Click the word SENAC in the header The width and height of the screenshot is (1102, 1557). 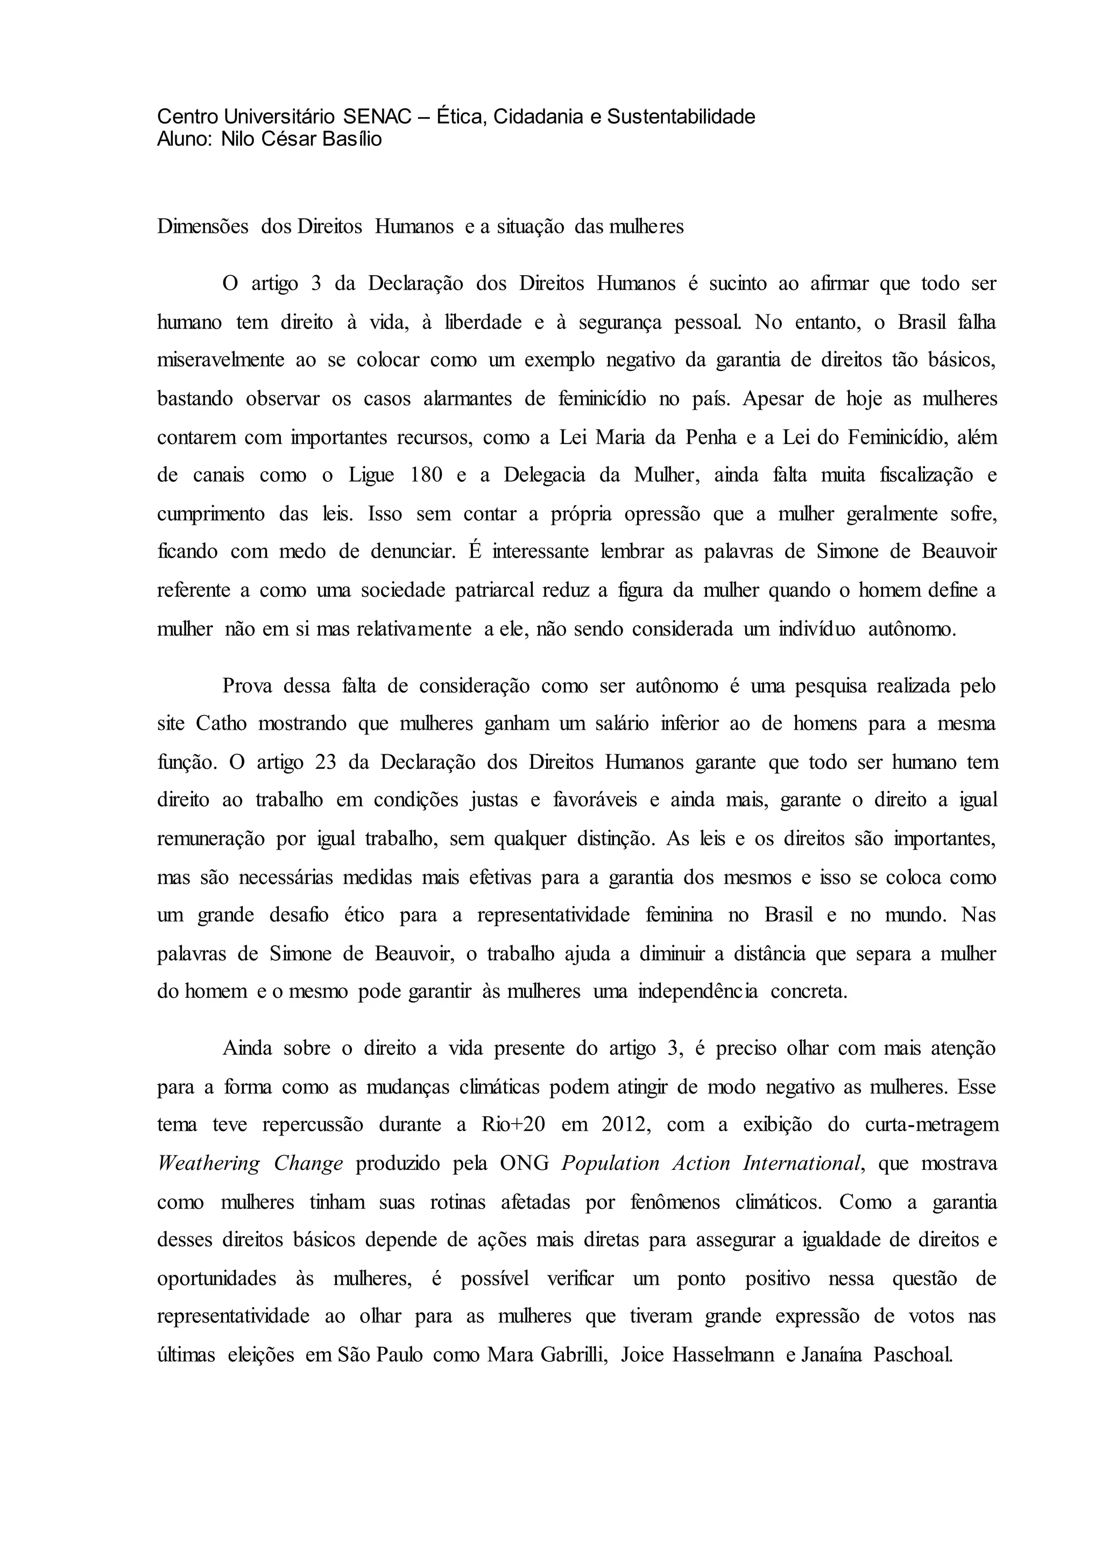377,117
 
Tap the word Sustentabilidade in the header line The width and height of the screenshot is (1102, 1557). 681,117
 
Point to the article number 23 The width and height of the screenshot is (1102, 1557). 330,762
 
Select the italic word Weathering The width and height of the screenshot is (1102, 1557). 208,1163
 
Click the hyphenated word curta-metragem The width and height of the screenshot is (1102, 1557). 933,1124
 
